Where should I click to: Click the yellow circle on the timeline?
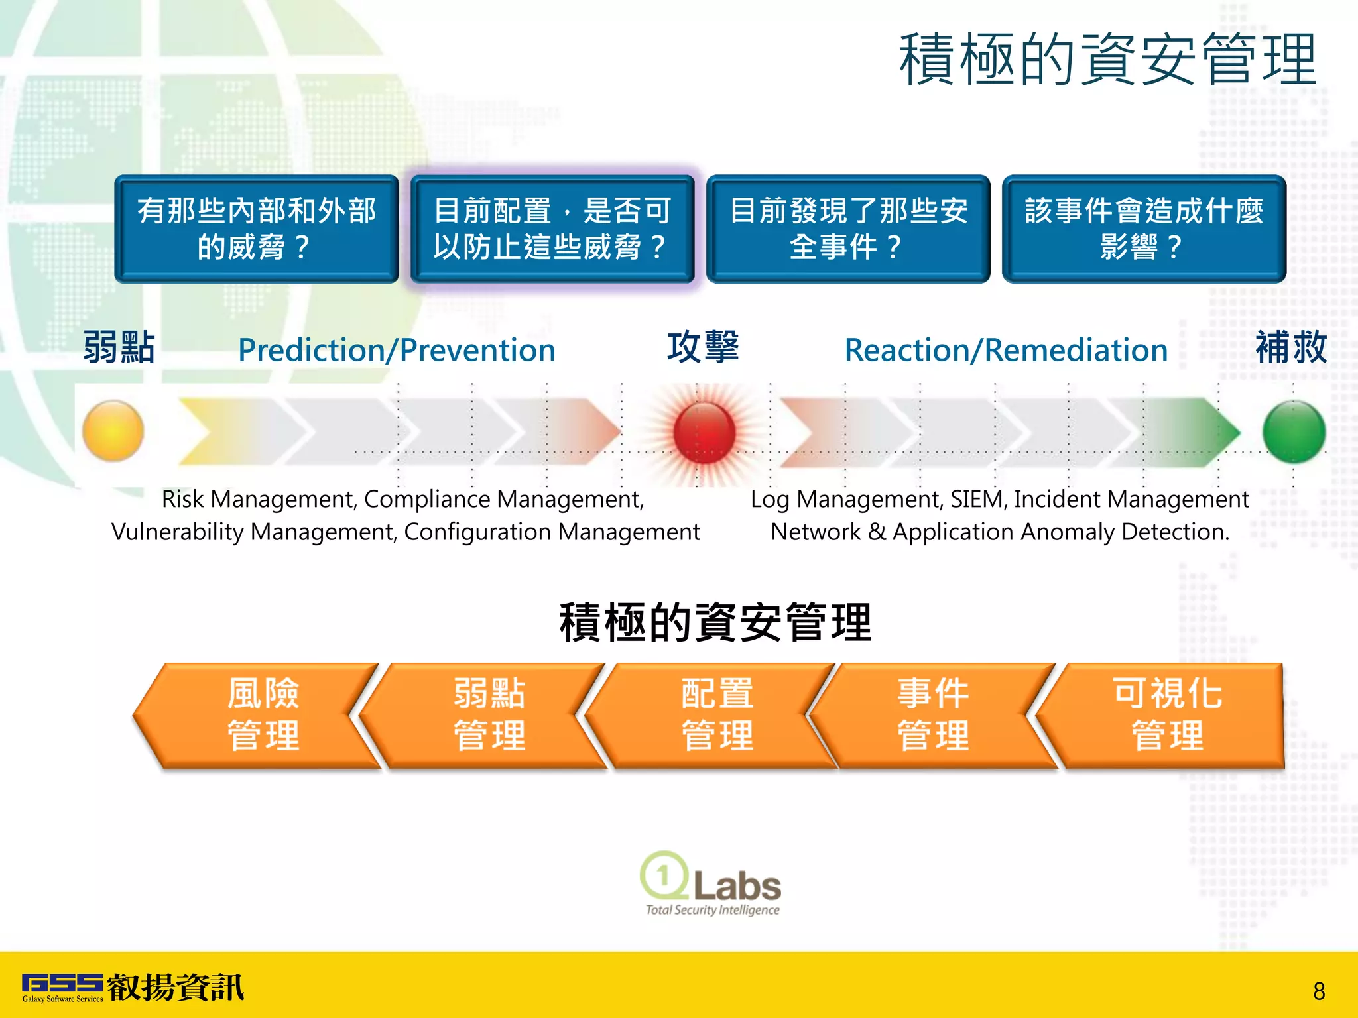(113, 431)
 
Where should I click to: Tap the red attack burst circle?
(704, 432)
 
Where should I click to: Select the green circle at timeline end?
(1293, 431)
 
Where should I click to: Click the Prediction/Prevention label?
(397, 350)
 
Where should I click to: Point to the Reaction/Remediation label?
(1006, 350)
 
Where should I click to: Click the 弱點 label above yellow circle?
(119, 347)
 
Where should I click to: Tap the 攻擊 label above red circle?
(703, 347)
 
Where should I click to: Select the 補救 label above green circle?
(1290, 347)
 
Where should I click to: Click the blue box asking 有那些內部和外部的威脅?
(257, 229)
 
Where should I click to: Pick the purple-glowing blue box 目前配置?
(552, 229)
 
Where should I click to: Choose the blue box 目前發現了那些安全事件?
(848, 229)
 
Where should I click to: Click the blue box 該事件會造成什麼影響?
(1144, 229)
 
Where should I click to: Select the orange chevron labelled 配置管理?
(716, 716)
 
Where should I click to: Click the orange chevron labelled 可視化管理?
(1167, 716)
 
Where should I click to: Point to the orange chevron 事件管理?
(933, 716)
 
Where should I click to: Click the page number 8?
(1319, 991)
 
